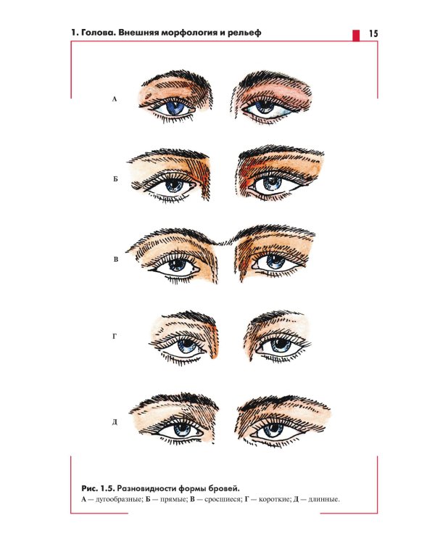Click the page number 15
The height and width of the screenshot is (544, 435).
tap(373, 33)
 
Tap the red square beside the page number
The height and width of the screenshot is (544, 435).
tap(356, 36)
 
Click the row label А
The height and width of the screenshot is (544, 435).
tap(115, 99)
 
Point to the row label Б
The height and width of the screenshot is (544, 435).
tap(115, 179)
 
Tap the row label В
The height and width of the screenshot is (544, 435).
tap(115, 260)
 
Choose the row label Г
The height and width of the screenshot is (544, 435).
tap(115, 336)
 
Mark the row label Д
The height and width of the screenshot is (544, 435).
tap(115, 422)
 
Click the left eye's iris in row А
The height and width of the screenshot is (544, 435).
tap(176, 107)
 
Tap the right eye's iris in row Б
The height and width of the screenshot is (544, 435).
tap(272, 183)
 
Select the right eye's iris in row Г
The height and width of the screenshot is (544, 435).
tap(281, 345)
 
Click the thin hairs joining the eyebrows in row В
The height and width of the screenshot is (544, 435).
tap(226, 241)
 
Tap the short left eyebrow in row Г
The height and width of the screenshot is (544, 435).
tap(190, 318)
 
